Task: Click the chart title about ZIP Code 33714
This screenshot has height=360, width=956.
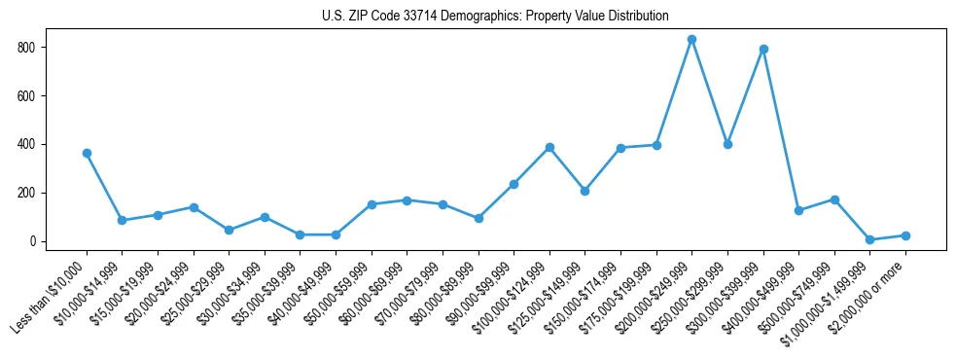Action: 495,17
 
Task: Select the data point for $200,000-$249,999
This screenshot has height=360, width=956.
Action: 691,40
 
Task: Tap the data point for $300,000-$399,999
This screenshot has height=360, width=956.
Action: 763,49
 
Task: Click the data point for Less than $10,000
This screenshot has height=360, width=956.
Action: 87,153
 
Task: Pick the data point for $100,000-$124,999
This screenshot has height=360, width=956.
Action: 549,147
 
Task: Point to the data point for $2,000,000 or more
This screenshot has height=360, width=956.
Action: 905,235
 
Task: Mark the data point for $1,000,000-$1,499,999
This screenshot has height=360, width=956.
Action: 869,239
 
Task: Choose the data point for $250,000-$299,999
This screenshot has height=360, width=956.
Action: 727,144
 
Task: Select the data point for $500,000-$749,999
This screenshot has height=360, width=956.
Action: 834,199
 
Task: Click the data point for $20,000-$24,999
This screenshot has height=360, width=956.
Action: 194,207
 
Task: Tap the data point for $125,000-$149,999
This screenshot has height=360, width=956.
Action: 585,191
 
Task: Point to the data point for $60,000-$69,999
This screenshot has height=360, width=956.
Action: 407,200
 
